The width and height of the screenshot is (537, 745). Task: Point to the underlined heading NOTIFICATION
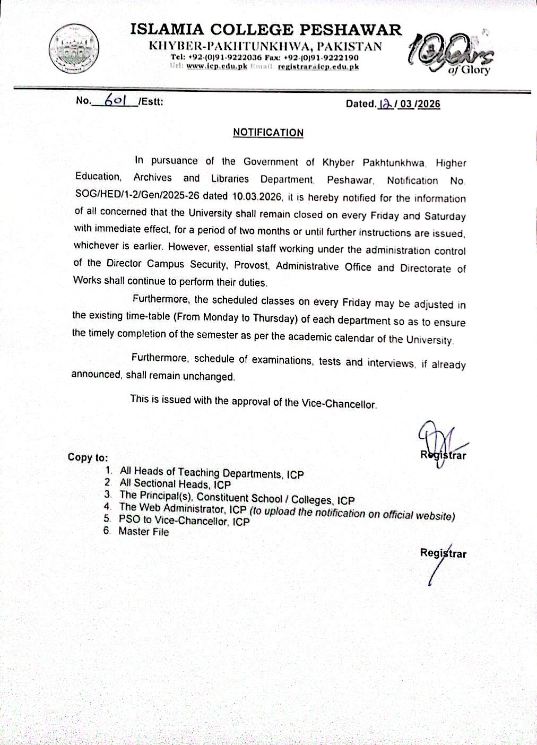(268, 133)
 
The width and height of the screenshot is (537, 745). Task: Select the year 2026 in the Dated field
(429, 104)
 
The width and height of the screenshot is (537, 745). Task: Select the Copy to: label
(88, 457)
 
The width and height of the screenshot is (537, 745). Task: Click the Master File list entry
(143, 532)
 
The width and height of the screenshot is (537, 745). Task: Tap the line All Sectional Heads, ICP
(175, 484)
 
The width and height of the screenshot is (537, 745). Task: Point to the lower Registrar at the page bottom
(443, 553)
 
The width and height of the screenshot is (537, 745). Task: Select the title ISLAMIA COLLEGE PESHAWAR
(266, 30)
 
